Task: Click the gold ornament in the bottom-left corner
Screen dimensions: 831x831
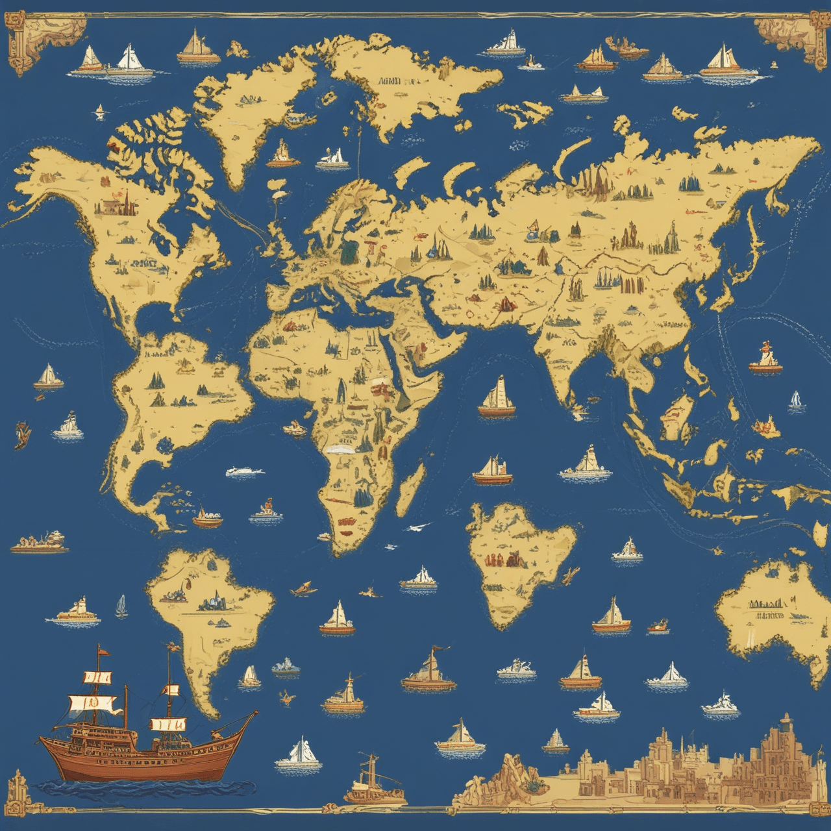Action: [x=19, y=789]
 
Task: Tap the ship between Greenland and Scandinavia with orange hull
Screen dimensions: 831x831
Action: [x=283, y=156]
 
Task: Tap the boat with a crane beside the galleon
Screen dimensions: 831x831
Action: [x=370, y=779]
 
